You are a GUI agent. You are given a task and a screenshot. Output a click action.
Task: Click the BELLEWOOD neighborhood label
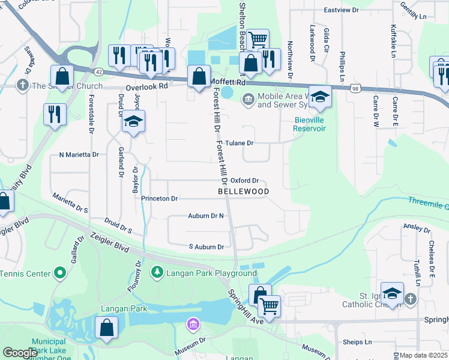(243, 191)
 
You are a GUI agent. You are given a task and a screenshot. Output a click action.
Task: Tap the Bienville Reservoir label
(310, 124)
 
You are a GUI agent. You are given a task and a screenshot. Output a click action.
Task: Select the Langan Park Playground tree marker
(157, 273)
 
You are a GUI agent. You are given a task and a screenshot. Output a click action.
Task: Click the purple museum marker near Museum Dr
(192, 325)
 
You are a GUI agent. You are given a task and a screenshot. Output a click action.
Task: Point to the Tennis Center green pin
(59, 274)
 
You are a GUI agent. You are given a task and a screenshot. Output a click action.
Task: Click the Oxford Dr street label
(244, 180)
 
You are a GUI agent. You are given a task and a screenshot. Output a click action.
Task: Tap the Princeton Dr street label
(160, 198)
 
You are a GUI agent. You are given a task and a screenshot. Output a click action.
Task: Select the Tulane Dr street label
(240, 143)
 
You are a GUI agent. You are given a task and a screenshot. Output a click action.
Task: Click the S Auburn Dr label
(206, 247)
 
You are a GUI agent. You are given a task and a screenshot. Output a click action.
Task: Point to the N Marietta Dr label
(79, 154)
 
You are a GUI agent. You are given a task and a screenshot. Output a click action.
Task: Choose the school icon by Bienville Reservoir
(320, 97)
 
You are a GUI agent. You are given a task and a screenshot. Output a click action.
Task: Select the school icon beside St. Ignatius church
(391, 292)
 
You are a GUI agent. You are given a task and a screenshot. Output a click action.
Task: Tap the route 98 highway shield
(356, 88)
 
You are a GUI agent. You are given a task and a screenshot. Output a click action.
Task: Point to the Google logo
(20, 353)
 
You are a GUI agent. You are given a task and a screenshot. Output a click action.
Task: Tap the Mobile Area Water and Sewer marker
(246, 99)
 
